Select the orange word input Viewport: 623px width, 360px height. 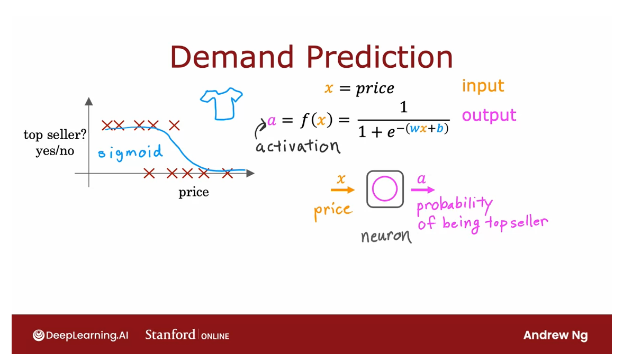483,86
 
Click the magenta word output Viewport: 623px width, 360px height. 489,115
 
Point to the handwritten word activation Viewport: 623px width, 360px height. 297,146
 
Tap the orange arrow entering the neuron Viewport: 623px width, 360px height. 342,190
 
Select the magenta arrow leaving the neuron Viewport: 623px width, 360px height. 423,190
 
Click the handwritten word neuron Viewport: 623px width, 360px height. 386,236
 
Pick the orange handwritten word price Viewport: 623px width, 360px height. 333,211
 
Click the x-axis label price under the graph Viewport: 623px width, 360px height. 194,192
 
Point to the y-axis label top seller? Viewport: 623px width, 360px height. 55,135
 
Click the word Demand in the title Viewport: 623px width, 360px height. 232,57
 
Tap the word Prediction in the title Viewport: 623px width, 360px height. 380,57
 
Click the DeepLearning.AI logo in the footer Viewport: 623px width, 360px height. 80,335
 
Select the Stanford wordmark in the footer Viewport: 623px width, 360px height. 170,335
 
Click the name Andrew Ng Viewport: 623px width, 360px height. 555,335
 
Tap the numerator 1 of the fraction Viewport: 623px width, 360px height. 404,107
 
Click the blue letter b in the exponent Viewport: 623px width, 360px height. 440,128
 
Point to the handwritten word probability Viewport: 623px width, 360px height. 455,205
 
